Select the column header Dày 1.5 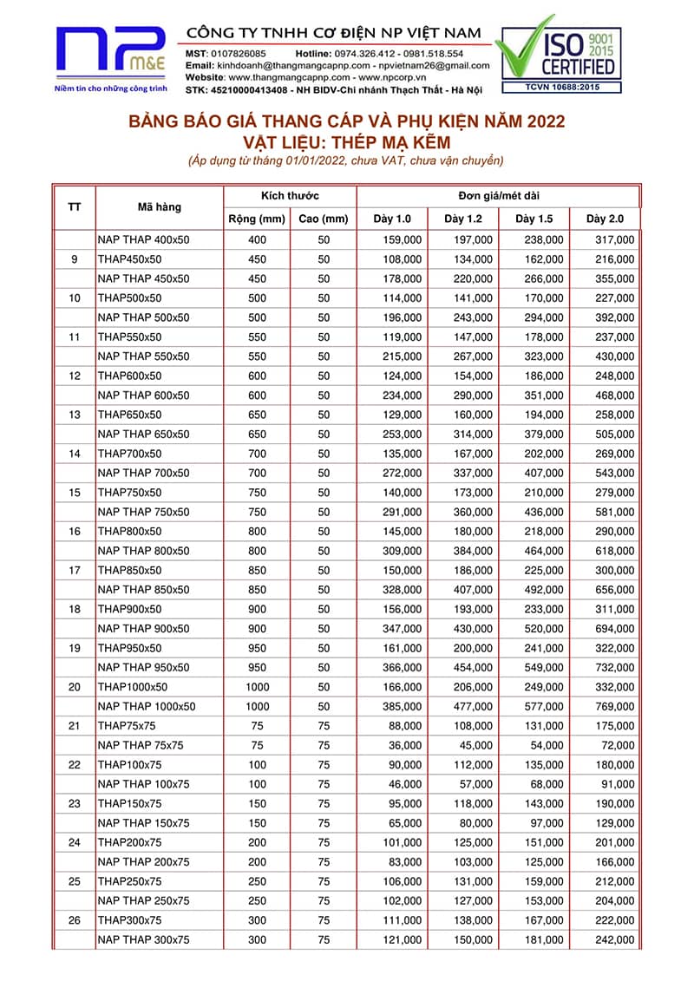tap(534, 218)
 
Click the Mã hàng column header tap(160, 207)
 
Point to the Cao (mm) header tap(323, 218)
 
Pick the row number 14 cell tap(74, 454)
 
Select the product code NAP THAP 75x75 tap(141, 745)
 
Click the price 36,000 tap(404, 745)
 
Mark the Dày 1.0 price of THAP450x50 tap(404, 258)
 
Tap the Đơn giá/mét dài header tap(497, 196)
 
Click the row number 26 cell tap(74, 920)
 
